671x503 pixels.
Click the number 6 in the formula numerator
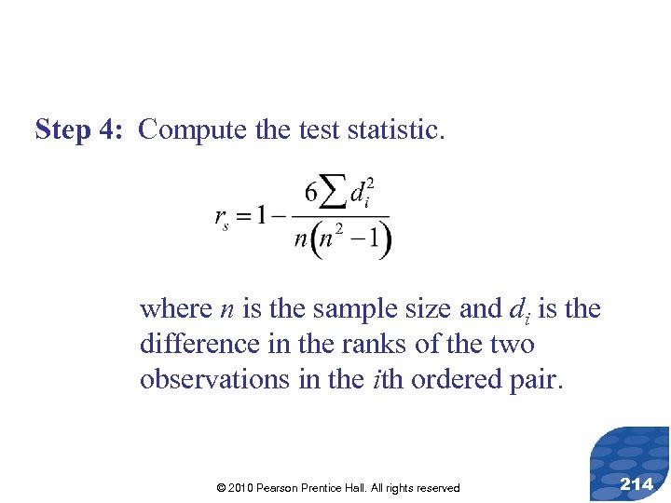311,194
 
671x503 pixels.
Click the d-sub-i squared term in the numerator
361,194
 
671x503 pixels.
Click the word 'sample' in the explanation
350,308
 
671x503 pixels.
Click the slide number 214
637,483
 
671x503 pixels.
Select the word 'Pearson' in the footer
287,488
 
